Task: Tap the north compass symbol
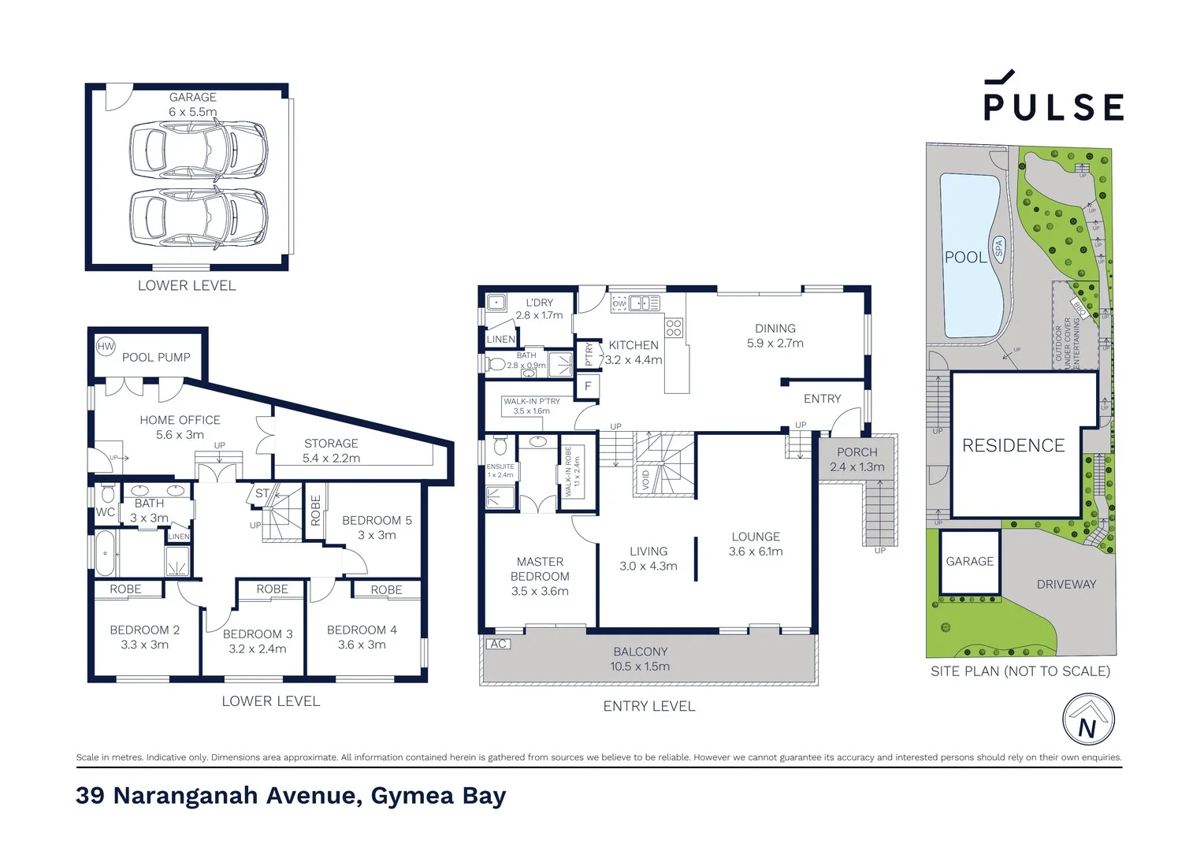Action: tap(1088, 720)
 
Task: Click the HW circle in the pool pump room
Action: tap(106, 346)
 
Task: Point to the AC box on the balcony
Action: tap(498, 644)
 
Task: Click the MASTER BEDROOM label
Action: tap(540, 576)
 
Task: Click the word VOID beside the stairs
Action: tap(645, 479)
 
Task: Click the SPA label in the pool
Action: tap(998, 248)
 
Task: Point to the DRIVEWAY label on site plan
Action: tap(1066, 584)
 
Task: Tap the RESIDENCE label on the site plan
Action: tap(1013, 446)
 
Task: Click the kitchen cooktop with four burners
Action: tap(674, 328)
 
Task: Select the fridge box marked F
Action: tap(588, 386)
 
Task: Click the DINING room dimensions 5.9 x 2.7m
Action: tap(775, 344)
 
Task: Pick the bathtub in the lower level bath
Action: tap(105, 553)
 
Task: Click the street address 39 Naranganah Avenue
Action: tap(291, 796)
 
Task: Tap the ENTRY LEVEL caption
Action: tap(649, 707)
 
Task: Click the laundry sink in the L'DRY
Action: tap(496, 303)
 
